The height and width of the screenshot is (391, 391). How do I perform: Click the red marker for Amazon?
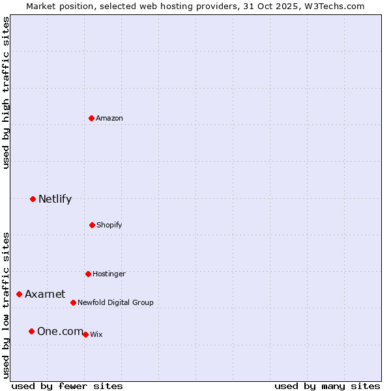(92, 118)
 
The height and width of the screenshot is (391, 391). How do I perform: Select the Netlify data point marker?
(33, 199)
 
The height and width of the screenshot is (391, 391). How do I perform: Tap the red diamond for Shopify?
(92, 225)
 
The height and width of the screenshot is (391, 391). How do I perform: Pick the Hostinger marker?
(88, 274)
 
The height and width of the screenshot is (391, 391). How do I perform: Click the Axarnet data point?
(19, 295)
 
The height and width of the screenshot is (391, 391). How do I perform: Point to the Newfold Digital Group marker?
(73, 302)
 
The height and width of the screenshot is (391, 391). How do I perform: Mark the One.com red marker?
(31, 332)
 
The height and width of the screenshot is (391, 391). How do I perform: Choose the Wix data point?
(85, 334)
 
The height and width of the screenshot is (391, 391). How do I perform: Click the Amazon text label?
(109, 118)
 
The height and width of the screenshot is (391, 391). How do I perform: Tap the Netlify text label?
(55, 199)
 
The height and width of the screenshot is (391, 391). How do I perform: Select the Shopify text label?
(109, 225)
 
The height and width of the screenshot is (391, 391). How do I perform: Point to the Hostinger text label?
(109, 274)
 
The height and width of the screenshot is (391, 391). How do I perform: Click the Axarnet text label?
(45, 295)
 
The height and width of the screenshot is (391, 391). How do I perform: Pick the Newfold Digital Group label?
(115, 302)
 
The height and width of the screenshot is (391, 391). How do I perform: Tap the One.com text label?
(60, 332)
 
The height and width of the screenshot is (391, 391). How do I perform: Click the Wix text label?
(96, 334)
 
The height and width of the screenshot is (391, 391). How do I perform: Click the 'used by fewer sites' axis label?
(67, 386)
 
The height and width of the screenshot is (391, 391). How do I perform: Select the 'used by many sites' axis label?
(327, 386)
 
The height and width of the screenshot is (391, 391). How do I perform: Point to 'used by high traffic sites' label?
(6, 93)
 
